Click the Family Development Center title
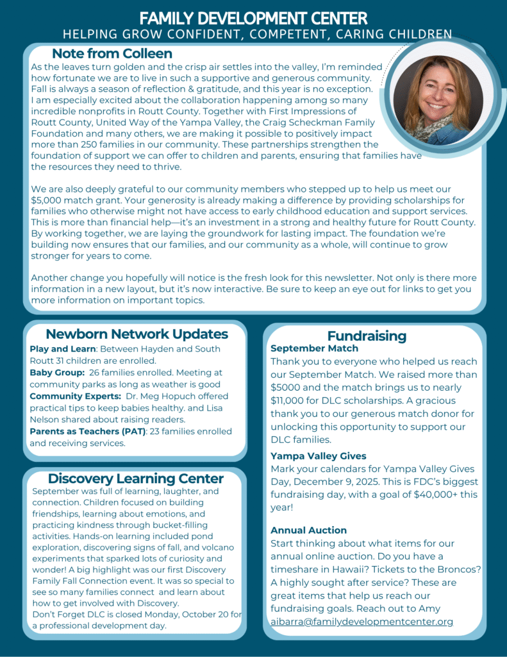click(x=253, y=17)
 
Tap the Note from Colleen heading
click(x=112, y=53)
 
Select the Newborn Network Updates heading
click(x=137, y=334)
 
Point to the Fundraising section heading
click(x=367, y=336)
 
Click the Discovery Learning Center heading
click(x=135, y=479)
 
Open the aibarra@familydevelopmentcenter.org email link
click(x=362, y=621)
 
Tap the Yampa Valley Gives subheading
click(x=319, y=456)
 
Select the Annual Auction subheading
click(x=308, y=531)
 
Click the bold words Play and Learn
click(x=62, y=349)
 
